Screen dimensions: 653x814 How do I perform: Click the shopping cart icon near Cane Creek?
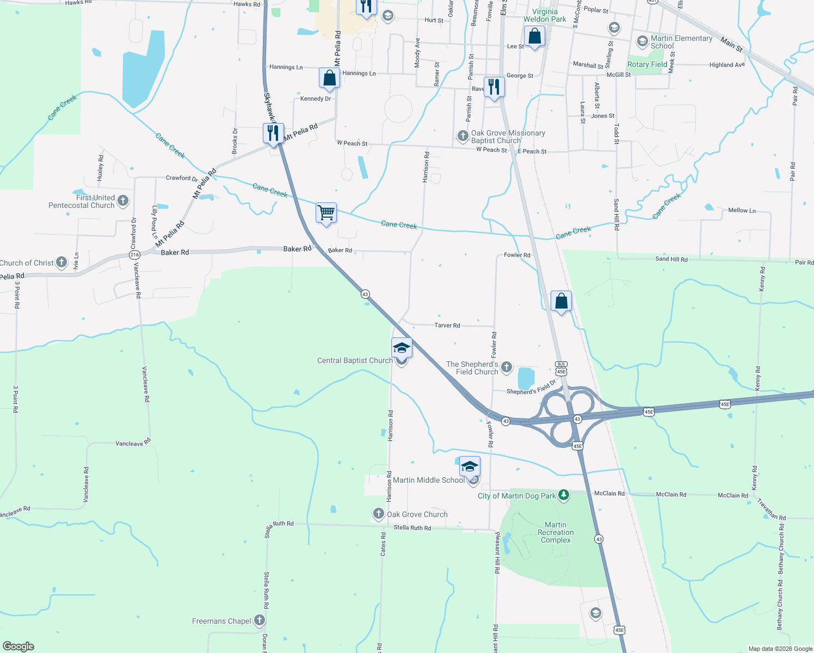pyautogui.click(x=326, y=212)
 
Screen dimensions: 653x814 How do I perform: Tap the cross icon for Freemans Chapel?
pyautogui.click(x=260, y=620)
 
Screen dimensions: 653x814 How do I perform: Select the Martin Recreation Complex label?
pyautogui.click(x=556, y=532)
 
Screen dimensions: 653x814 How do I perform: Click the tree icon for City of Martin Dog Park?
pyautogui.click(x=564, y=495)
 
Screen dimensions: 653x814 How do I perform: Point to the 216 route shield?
pyautogui.click(x=135, y=255)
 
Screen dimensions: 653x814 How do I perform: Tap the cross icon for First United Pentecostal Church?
pyautogui.click(x=123, y=201)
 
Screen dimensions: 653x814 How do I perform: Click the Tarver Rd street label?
pyautogui.click(x=447, y=325)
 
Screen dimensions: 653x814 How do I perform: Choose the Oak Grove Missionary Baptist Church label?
pyautogui.click(x=508, y=137)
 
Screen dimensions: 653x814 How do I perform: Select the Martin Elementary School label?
pyautogui.click(x=681, y=42)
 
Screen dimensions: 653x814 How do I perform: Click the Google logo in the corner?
pyautogui.click(x=18, y=646)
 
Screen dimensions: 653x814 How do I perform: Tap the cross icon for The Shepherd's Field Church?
pyautogui.click(x=507, y=367)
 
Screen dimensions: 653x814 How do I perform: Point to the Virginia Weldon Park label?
pyautogui.click(x=545, y=15)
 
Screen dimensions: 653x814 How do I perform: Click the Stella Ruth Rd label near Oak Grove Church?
pyautogui.click(x=412, y=528)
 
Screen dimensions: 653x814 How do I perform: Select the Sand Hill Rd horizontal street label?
pyautogui.click(x=671, y=259)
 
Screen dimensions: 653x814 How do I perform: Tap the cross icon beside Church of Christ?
pyautogui.click(x=61, y=262)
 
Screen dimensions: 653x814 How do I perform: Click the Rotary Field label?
pyautogui.click(x=647, y=64)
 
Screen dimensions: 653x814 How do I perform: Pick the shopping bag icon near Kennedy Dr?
pyautogui.click(x=329, y=78)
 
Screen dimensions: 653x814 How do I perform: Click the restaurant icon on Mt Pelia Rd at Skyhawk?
pyautogui.click(x=273, y=133)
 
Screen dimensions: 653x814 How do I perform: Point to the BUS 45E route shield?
pyautogui.click(x=561, y=368)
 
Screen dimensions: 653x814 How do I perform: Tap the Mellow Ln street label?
pyautogui.click(x=742, y=210)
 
